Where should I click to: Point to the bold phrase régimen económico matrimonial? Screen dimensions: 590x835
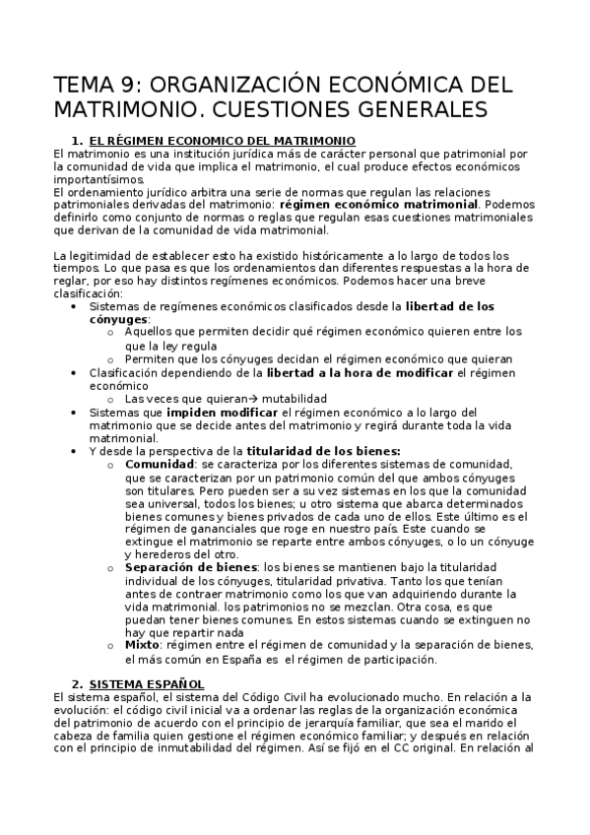pos(363,204)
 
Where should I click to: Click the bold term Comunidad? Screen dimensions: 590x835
pos(158,463)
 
